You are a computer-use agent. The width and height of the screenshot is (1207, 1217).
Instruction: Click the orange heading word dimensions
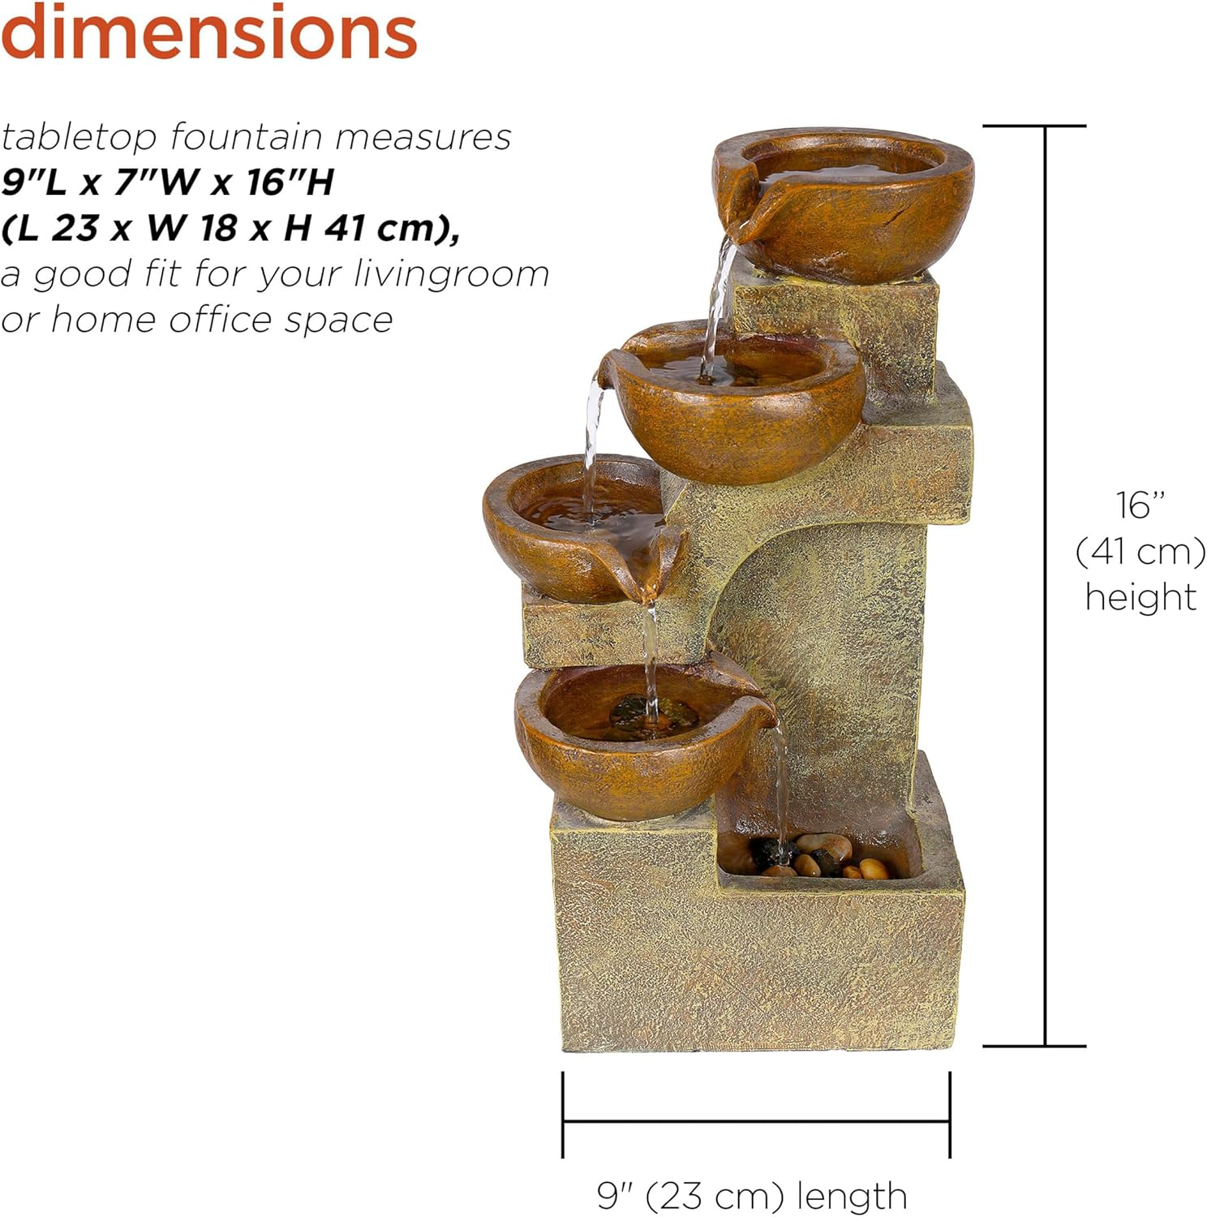[208, 32]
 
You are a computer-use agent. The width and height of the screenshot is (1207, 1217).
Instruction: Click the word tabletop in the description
[79, 137]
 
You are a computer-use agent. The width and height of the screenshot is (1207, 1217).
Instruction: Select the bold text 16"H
[290, 183]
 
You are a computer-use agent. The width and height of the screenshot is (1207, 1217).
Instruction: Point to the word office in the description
[220, 320]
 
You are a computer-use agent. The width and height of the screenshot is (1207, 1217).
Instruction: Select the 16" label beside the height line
[1140, 505]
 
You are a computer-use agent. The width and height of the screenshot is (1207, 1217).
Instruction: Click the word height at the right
[1140, 598]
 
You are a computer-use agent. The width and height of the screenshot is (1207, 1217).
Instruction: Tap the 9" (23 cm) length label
[752, 1195]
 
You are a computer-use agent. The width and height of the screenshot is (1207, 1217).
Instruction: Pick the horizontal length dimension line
[755, 1121]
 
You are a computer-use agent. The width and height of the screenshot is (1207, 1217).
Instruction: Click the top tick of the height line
[1034, 126]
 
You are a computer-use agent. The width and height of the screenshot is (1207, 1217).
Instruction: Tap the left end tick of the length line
[563, 1114]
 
